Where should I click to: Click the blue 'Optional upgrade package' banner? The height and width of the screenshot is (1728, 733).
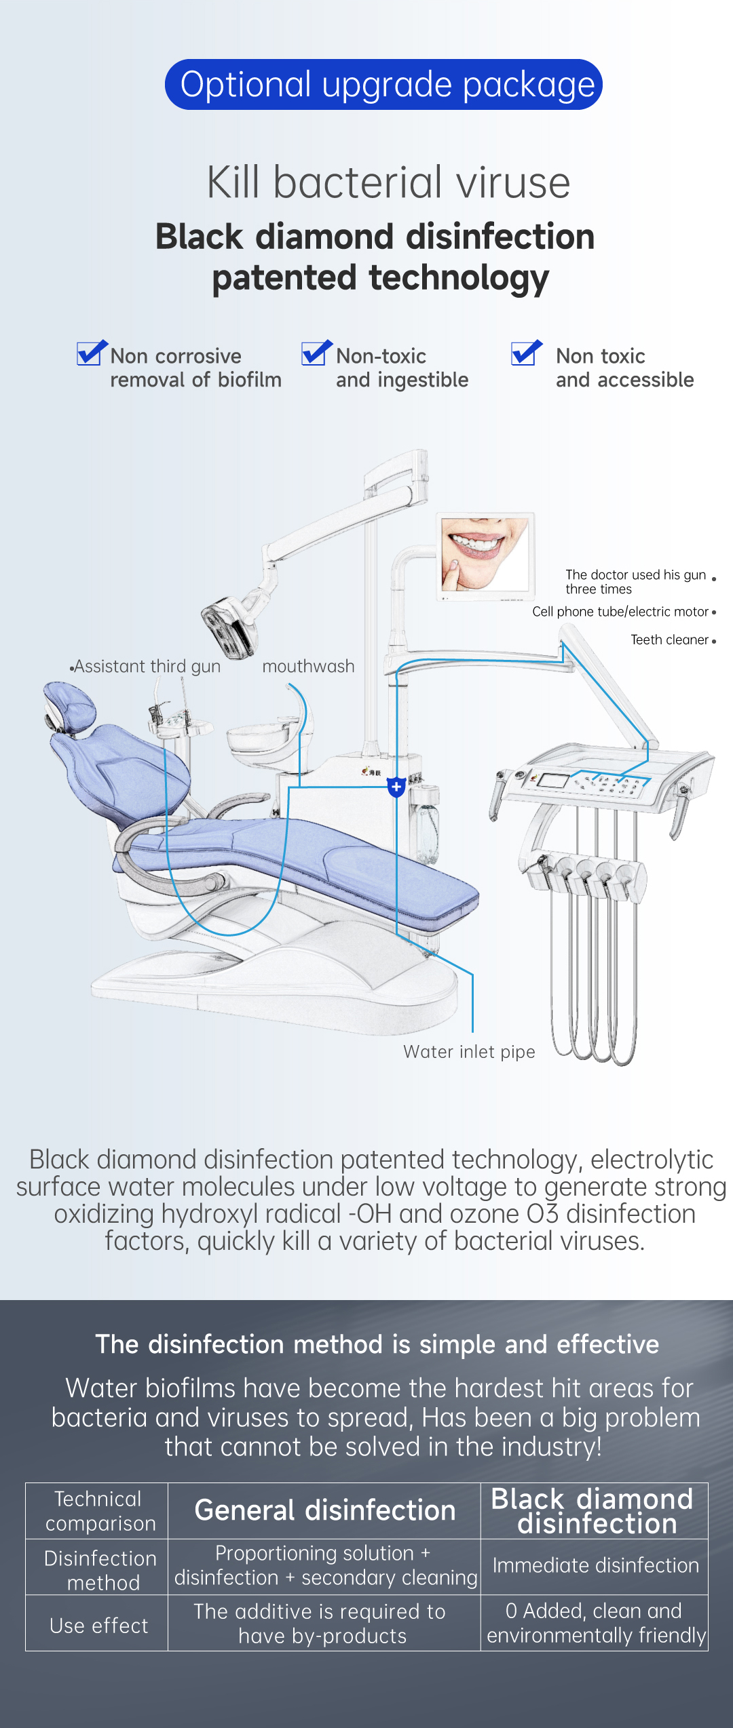tap(383, 85)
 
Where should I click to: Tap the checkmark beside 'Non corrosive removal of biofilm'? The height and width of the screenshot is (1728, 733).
tap(92, 353)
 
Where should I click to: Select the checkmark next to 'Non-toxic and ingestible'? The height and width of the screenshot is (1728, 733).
tap(317, 353)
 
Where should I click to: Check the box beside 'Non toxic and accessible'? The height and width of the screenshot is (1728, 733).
tap(527, 353)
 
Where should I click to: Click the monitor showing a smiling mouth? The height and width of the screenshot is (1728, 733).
tap(485, 556)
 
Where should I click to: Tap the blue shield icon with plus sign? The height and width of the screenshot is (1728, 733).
tap(396, 787)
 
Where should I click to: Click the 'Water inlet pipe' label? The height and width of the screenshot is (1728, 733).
tap(469, 1052)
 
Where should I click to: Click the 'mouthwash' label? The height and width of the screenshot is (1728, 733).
tap(308, 667)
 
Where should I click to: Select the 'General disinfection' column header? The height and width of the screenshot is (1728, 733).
tap(324, 1510)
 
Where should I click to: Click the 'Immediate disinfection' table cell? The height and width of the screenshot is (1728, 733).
tap(595, 1565)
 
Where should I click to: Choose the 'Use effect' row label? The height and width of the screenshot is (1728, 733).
tap(99, 1626)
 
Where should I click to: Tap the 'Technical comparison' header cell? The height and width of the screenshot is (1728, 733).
tap(100, 1511)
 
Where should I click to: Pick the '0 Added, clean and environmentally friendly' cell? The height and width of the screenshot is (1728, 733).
tap(596, 1623)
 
